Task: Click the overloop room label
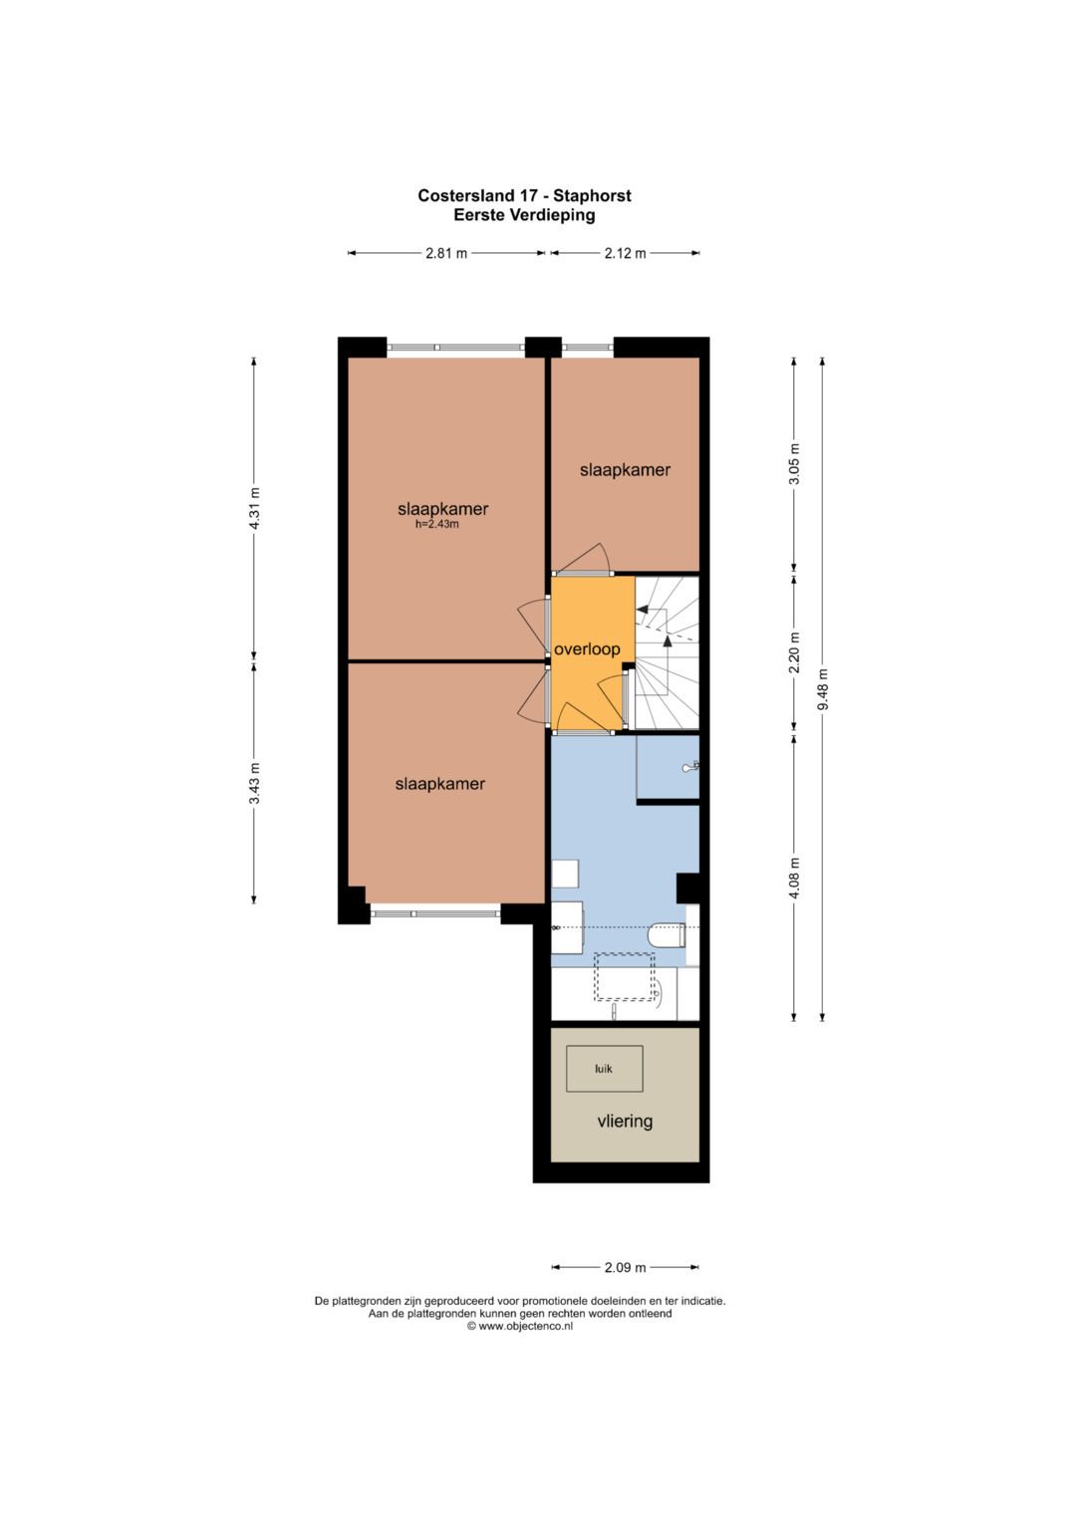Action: (x=587, y=649)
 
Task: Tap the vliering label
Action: (x=625, y=1121)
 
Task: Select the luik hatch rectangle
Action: (x=605, y=1069)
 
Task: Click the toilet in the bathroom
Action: (x=667, y=935)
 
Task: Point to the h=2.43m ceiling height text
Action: (x=436, y=524)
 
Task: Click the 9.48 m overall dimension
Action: (x=823, y=690)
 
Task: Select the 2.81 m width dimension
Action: (x=446, y=254)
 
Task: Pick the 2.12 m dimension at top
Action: (x=625, y=254)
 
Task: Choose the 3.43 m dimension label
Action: (x=255, y=784)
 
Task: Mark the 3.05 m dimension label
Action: (x=795, y=464)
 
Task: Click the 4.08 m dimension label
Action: (x=795, y=878)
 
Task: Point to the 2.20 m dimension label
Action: (x=795, y=652)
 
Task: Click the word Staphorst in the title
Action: (x=592, y=196)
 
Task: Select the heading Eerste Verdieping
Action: (x=524, y=215)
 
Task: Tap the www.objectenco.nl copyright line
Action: (x=520, y=1326)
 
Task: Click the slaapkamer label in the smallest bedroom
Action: (x=625, y=470)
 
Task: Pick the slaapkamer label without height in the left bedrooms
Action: (x=440, y=784)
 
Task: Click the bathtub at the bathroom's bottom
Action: (x=614, y=994)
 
